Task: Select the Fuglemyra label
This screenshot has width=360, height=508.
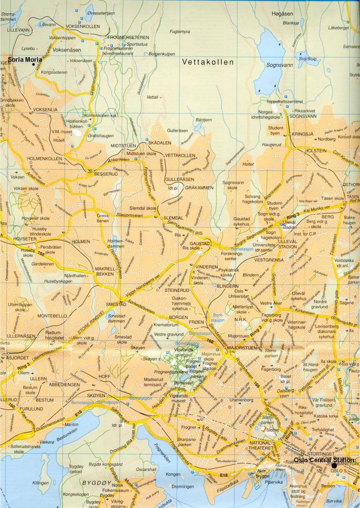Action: (179, 32)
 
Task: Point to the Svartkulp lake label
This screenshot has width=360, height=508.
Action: (308, 58)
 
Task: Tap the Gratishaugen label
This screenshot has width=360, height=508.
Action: (100, 136)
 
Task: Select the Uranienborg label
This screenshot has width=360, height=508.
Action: (241, 400)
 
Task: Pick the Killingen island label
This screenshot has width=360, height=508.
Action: (40, 483)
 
